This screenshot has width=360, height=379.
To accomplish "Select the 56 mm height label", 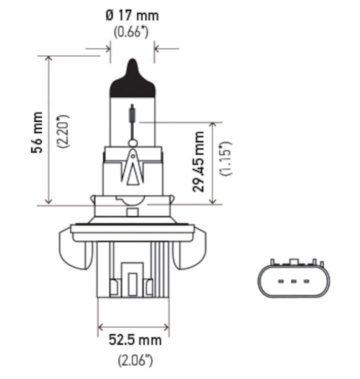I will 37,132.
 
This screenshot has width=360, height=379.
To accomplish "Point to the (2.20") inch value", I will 63,131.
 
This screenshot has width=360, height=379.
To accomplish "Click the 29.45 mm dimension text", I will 199,162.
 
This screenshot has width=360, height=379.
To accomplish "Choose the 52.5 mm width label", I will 135,340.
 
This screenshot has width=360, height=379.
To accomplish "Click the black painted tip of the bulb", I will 132,83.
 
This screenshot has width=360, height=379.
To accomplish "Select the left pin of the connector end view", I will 280,282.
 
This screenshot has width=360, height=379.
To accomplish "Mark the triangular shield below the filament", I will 132,168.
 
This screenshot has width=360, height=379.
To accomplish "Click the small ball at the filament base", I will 133,143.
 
